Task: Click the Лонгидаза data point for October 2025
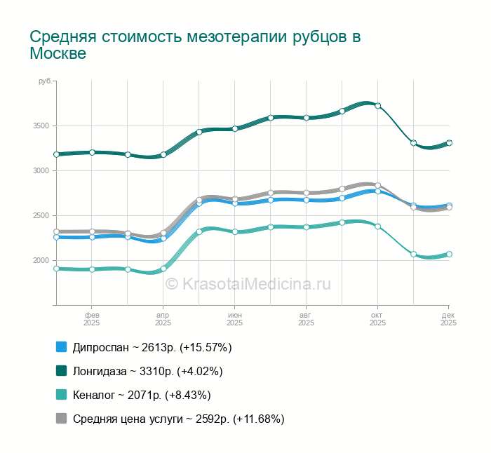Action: click(x=377, y=106)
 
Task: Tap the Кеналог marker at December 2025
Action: click(x=449, y=254)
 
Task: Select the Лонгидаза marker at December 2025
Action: click(x=449, y=143)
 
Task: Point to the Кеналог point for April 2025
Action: click(x=163, y=269)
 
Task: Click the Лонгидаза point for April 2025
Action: click(x=163, y=154)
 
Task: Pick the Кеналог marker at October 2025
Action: click(x=377, y=226)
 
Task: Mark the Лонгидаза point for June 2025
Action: click(x=235, y=128)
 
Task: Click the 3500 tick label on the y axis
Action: click(x=40, y=126)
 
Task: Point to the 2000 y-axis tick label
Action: click(x=40, y=261)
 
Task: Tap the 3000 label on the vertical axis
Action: click(x=40, y=171)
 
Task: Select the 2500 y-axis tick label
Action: click(x=40, y=216)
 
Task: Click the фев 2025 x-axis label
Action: click(x=92, y=319)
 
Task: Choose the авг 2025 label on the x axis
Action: click(x=306, y=319)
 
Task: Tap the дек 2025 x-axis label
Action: click(x=449, y=319)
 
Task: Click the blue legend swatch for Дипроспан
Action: click(x=61, y=347)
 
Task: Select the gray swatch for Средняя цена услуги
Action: click(x=61, y=419)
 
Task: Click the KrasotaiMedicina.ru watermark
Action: click(x=248, y=284)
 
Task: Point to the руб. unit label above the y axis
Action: click(x=45, y=82)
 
